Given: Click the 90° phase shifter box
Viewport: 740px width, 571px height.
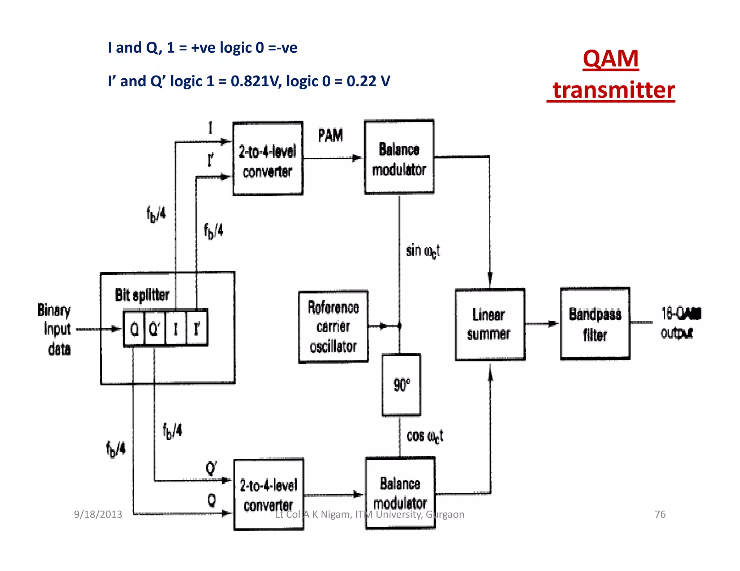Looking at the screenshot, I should [x=401, y=385].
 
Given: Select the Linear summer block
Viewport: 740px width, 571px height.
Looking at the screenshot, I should [x=490, y=324].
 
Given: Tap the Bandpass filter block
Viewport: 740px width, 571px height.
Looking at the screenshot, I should [x=595, y=324].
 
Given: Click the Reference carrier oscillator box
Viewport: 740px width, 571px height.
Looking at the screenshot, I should [x=333, y=327].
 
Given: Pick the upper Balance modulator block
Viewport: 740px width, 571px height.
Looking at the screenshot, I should [x=399, y=157].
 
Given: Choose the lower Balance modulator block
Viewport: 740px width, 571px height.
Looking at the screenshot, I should [x=400, y=493].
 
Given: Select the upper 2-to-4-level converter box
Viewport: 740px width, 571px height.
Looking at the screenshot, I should [x=268, y=159].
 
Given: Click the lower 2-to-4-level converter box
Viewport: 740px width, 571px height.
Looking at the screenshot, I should [x=268, y=494].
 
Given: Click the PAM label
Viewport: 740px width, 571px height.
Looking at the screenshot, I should [x=330, y=136].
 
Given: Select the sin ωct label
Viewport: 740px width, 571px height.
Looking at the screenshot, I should [x=422, y=251].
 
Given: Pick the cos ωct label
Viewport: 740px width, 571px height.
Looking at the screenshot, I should [x=424, y=436].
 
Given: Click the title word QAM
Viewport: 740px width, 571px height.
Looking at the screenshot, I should [x=611, y=59].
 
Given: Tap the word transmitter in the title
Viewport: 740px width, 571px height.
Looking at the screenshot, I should [x=614, y=90].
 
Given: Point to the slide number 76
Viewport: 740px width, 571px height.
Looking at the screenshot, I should [x=660, y=514].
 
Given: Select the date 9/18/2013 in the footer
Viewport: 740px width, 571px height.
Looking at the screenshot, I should [x=98, y=514].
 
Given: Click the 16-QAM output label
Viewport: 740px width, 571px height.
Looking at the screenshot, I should [x=679, y=323].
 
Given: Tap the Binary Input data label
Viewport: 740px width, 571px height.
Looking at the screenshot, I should [x=55, y=329].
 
